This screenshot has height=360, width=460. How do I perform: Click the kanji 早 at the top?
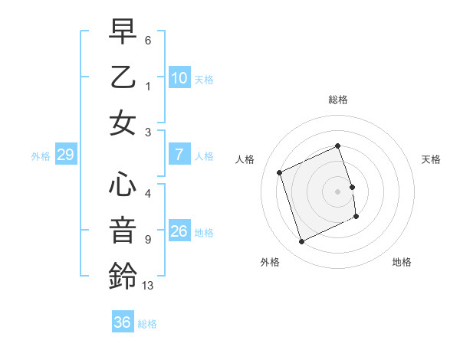point(123,33)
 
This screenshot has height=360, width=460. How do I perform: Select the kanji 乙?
point(123,77)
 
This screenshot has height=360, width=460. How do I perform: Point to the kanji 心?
point(123,185)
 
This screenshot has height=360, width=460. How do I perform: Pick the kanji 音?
point(123,229)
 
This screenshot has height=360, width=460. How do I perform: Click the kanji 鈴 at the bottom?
point(123,274)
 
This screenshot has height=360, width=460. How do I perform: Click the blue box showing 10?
point(179,77)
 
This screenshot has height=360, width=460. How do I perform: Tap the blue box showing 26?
point(179,231)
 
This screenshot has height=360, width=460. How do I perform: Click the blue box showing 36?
point(122,322)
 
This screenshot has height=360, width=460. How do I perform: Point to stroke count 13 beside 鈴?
point(148,286)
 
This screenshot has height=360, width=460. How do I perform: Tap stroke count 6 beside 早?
point(148,39)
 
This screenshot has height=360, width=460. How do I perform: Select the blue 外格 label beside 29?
point(41,156)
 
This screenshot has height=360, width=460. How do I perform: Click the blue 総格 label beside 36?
point(147,323)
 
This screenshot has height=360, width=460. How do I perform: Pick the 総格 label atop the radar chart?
point(338,100)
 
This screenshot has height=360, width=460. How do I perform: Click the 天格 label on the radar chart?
point(431,159)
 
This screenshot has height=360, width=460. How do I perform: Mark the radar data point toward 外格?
point(301,242)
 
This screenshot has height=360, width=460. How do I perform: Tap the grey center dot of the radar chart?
point(338,191)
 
